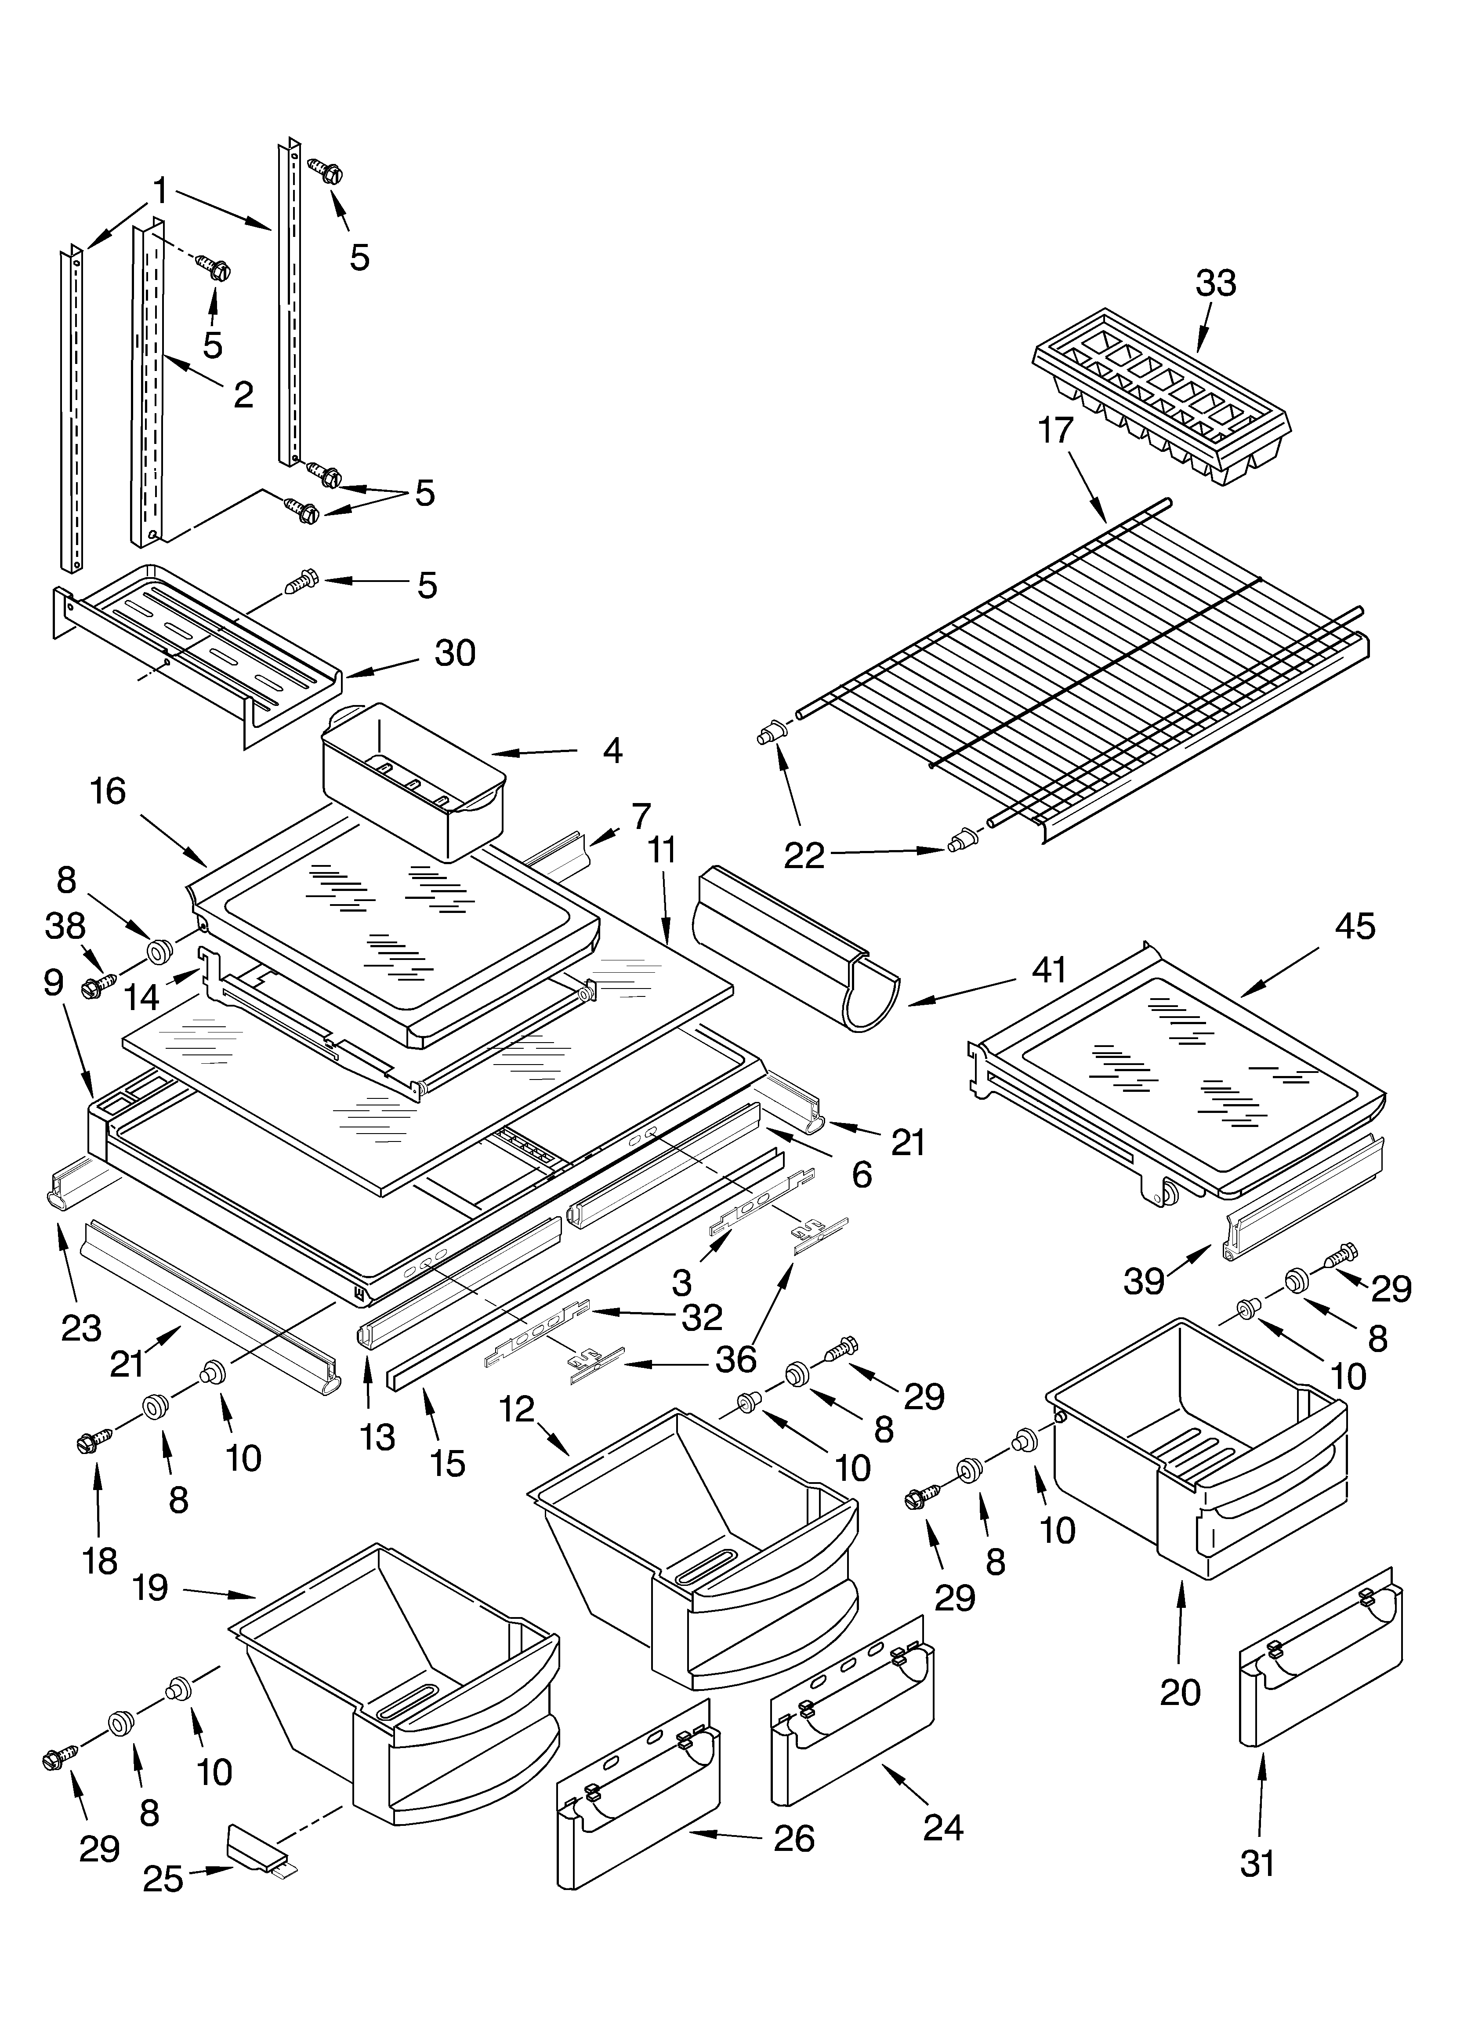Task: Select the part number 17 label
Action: (x=1055, y=431)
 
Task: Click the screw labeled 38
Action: (x=94, y=987)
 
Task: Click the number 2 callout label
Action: (x=243, y=394)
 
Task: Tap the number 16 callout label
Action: (x=108, y=791)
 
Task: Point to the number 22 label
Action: (x=804, y=856)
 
